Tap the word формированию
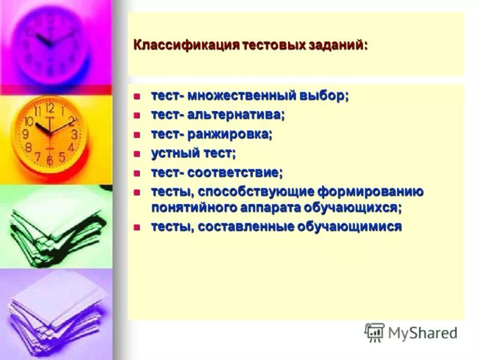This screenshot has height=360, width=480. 375,192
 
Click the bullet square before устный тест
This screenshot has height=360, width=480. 137,153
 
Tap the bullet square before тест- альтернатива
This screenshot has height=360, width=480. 137,115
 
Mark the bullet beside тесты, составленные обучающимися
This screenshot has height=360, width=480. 137,227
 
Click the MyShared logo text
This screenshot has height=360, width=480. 422,332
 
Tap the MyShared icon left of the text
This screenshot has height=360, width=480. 374,332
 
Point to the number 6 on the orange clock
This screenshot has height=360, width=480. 50,161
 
